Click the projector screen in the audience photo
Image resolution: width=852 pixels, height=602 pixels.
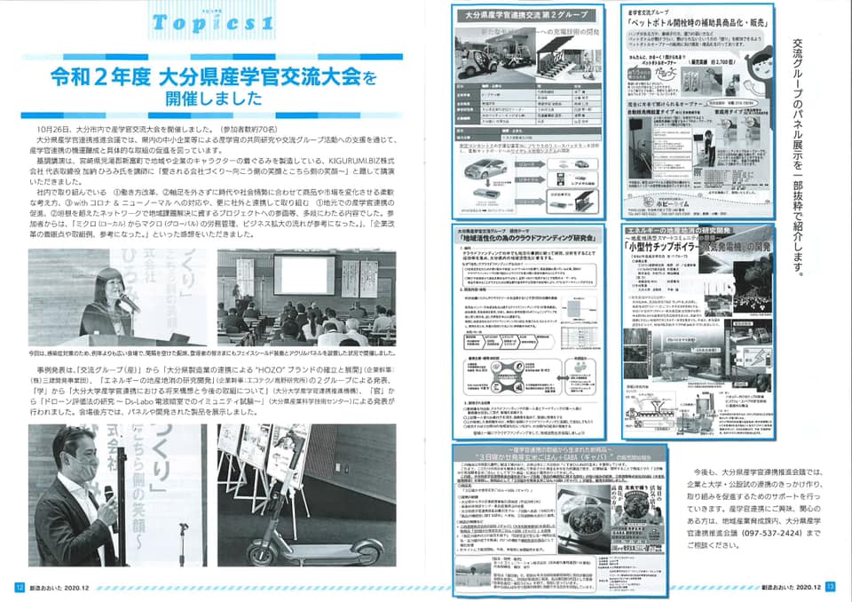304,274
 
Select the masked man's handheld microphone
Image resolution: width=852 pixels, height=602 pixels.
109,493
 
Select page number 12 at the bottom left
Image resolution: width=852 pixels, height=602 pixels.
19,587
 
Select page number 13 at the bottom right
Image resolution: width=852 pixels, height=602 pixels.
830,587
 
